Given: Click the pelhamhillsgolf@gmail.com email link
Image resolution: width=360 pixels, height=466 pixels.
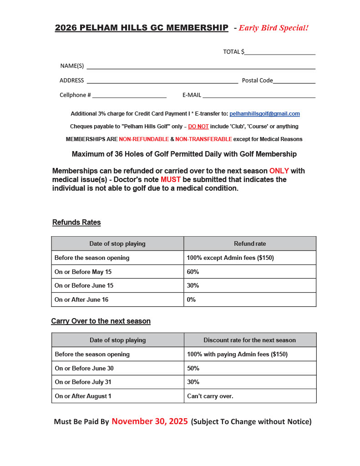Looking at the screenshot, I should pyautogui.click(x=264, y=114).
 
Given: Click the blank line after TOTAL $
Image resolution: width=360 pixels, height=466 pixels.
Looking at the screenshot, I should pyautogui.click(x=279, y=52).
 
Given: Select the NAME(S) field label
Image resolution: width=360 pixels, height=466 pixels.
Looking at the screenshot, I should pyautogui.click(x=72, y=66).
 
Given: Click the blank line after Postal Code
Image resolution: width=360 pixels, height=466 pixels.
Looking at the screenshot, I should pyautogui.click(x=294, y=81).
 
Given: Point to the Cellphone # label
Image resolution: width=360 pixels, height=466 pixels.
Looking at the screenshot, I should pyautogui.click(x=75, y=95).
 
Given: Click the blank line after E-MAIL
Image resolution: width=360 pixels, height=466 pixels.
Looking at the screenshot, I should pyautogui.click(x=259, y=96).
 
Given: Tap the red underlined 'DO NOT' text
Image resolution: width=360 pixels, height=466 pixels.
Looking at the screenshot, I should pyautogui.click(x=198, y=126).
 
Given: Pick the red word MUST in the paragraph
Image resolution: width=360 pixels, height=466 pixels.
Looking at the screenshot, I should pyautogui.click(x=171, y=180).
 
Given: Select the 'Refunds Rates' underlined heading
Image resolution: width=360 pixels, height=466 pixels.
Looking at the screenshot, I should pyautogui.click(x=76, y=223).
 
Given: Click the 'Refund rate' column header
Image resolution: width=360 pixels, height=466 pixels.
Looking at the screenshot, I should pyautogui.click(x=250, y=243).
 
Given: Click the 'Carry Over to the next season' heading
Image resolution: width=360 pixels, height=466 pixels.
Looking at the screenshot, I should pyautogui.click(x=101, y=321).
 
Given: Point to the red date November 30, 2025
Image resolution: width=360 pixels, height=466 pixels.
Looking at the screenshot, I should pyautogui.click(x=150, y=421).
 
